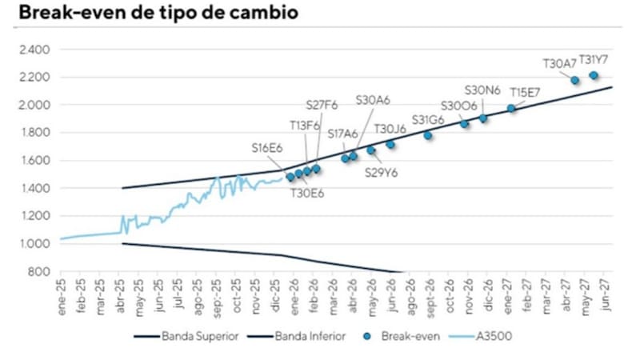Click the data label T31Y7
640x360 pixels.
(x=594, y=59)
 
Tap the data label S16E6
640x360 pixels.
(x=267, y=148)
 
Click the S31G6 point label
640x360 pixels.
(x=428, y=120)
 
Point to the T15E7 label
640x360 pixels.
(x=525, y=91)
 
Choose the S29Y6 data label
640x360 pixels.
(x=382, y=172)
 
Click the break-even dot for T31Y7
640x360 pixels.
(x=594, y=75)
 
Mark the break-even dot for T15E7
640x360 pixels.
(x=511, y=108)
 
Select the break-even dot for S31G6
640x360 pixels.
(x=428, y=135)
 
